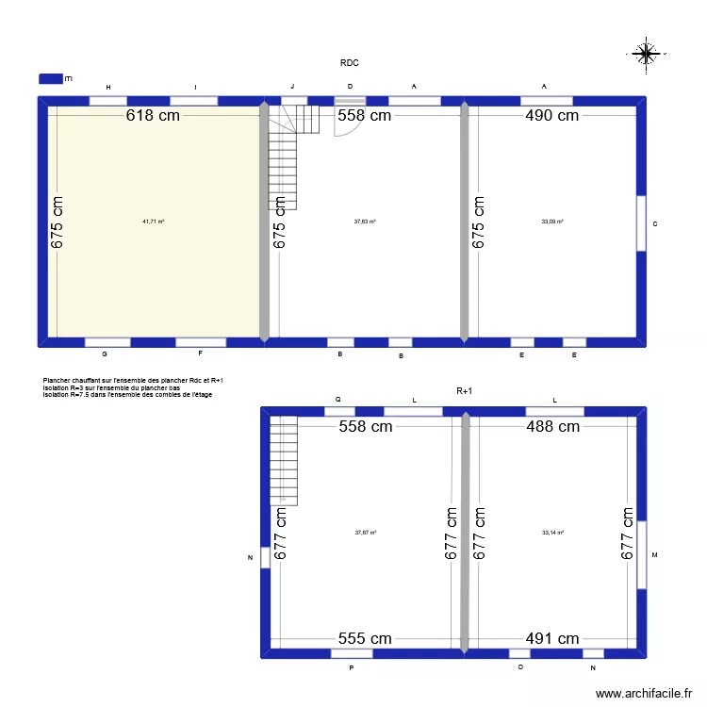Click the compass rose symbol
click(x=646, y=55)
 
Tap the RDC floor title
click(x=350, y=63)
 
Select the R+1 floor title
click(x=464, y=389)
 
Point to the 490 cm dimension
click(x=552, y=116)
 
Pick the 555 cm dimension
click(x=364, y=638)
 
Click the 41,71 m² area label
click(x=154, y=222)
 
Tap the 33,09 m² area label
click(x=552, y=222)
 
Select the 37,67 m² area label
click(x=366, y=533)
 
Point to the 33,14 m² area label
click(x=553, y=533)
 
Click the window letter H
click(x=108, y=87)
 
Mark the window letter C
click(x=655, y=223)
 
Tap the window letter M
click(x=654, y=555)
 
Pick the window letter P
click(x=351, y=667)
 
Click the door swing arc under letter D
click(x=346, y=124)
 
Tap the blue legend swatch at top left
click(x=50, y=79)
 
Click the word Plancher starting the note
click(x=58, y=380)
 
